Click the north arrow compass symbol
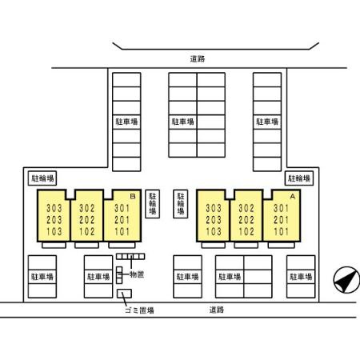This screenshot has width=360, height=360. pyautogui.click(x=346, y=280)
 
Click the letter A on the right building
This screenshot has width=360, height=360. pyautogui.click(x=293, y=197)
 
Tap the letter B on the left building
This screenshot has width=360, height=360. pyautogui.click(x=133, y=197)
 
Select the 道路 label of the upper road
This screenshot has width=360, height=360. pyautogui.click(x=198, y=58)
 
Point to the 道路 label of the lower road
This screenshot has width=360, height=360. pyautogui.click(x=217, y=310)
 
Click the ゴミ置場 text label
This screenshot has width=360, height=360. pyautogui.click(x=139, y=310)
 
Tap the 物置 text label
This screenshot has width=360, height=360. pyautogui.click(x=137, y=274)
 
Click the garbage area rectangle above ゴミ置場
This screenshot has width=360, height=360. pyautogui.click(x=124, y=294)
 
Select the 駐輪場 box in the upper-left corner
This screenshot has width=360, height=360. pyautogui.click(x=42, y=178)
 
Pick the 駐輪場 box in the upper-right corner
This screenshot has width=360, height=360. pyautogui.click(x=299, y=178)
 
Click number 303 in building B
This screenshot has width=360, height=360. pyautogui.click(x=54, y=208)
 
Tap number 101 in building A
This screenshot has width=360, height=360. pyautogui.click(x=282, y=231)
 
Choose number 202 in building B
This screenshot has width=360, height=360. pyautogui.click(x=87, y=220)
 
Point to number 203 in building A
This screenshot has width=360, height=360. pyautogui.click(x=214, y=220)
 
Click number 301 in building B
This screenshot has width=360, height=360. pyautogui.click(x=122, y=208)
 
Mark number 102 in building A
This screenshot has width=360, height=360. pyautogui.click(x=246, y=231)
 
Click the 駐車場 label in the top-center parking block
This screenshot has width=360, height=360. pyautogui.click(x=183, y=122)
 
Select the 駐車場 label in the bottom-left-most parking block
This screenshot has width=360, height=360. pyautogui.click(x=42, y=277)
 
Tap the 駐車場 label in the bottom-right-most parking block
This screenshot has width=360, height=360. pyautogui.click(x=301, y=277)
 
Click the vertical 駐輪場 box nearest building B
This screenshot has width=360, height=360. pyautogui.click(x=153, y=204)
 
